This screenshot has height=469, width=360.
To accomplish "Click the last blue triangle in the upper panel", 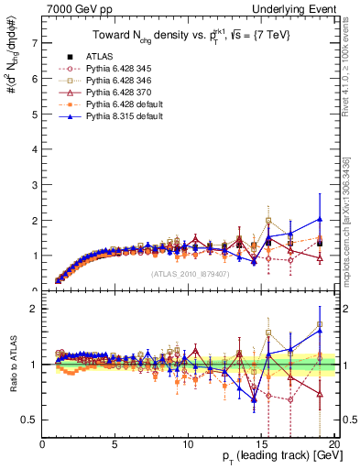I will (319, 219).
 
